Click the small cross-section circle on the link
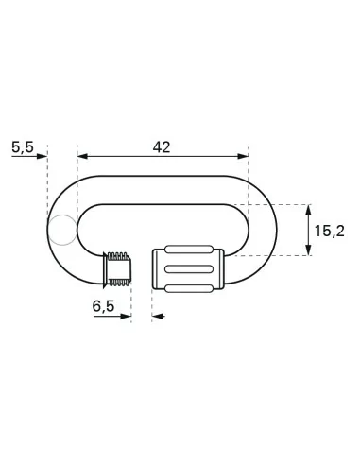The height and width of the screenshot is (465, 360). (62, 229)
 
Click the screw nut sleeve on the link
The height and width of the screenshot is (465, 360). (189, 269)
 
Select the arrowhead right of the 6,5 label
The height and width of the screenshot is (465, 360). (125, 317)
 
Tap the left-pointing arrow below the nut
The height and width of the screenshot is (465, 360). (157, 317)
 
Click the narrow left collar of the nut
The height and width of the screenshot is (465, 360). (158, 269)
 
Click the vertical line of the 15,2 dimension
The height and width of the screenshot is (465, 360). (310, 229)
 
